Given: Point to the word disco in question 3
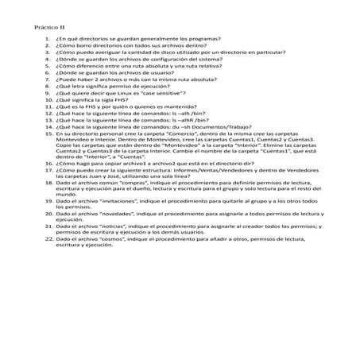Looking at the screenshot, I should (x=165, y=53).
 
